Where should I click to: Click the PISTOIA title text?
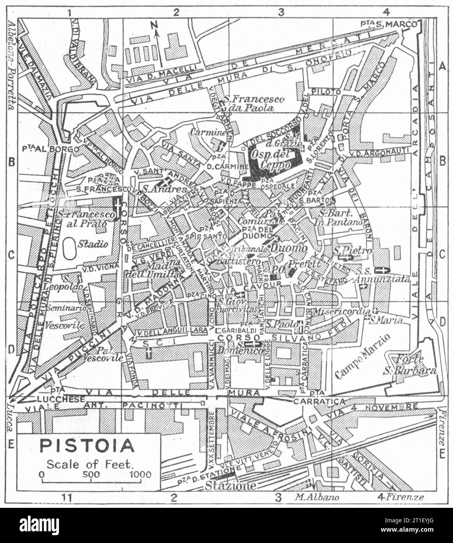pos(87,445)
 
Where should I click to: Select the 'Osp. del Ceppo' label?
pos(272,157)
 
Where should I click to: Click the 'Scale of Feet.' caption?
pos(90,464)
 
